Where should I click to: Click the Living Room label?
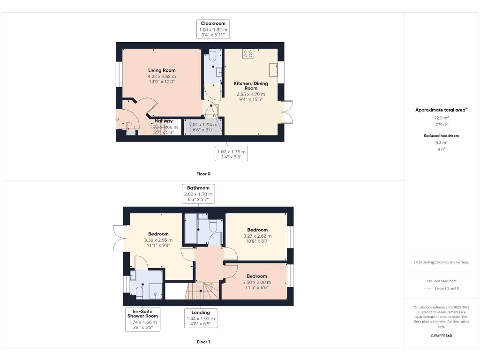click(162, 70)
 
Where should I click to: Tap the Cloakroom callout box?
click(213, 30)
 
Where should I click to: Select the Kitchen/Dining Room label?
click(251, 86)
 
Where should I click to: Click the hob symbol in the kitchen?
click(248, 54)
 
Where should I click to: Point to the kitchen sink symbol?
click(274, 70)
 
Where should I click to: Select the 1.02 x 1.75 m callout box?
click(231, 154)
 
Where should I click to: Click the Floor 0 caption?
click(203, 174)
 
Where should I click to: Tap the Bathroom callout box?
click(198, 194)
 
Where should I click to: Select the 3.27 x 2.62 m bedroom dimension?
click(257, 236)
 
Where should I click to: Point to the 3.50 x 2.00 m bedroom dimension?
click(257, 282)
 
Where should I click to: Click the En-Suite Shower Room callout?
click(143, 319)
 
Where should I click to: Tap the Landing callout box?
click(201, 319)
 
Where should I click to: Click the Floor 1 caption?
click(203, 342)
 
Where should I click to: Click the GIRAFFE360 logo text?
click(441, 336)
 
